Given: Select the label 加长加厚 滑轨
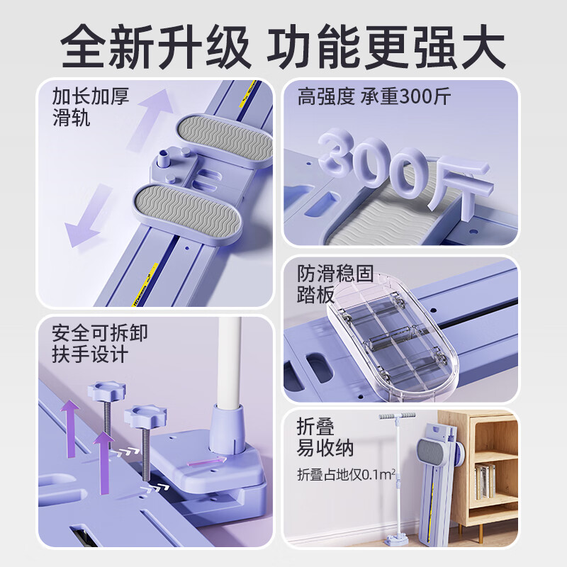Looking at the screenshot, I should pyautogui.click(x=91, y=106).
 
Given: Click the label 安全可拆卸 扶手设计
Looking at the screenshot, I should pyautogui.click(x=99, y=342).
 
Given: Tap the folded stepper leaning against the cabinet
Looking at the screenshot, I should pyautogui.click(x=440, y=482).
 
